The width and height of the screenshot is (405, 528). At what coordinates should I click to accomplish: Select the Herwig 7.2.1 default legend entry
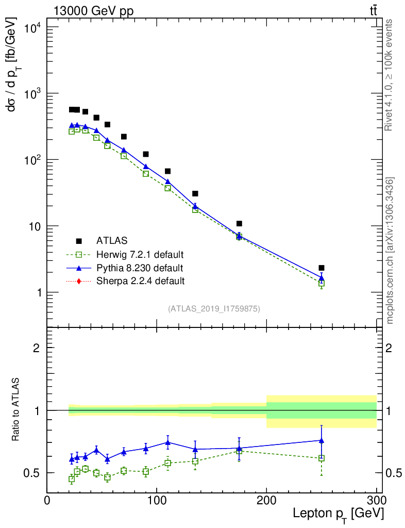140,254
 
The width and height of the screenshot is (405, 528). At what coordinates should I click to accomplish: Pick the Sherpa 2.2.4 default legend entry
140,281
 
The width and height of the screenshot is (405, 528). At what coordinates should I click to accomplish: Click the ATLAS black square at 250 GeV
322,268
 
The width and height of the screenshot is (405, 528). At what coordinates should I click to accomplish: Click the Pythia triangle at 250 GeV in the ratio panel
322,440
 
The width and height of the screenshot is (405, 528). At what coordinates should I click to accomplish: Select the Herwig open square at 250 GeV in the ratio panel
322,458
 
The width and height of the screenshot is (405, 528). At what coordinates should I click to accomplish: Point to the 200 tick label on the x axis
266,501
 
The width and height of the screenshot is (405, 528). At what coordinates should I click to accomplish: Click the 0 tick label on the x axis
47,501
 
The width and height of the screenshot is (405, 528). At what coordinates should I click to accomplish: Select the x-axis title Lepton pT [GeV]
338,514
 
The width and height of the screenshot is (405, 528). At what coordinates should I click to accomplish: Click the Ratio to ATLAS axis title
16,410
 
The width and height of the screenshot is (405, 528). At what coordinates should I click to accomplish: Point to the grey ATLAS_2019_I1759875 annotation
214,309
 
